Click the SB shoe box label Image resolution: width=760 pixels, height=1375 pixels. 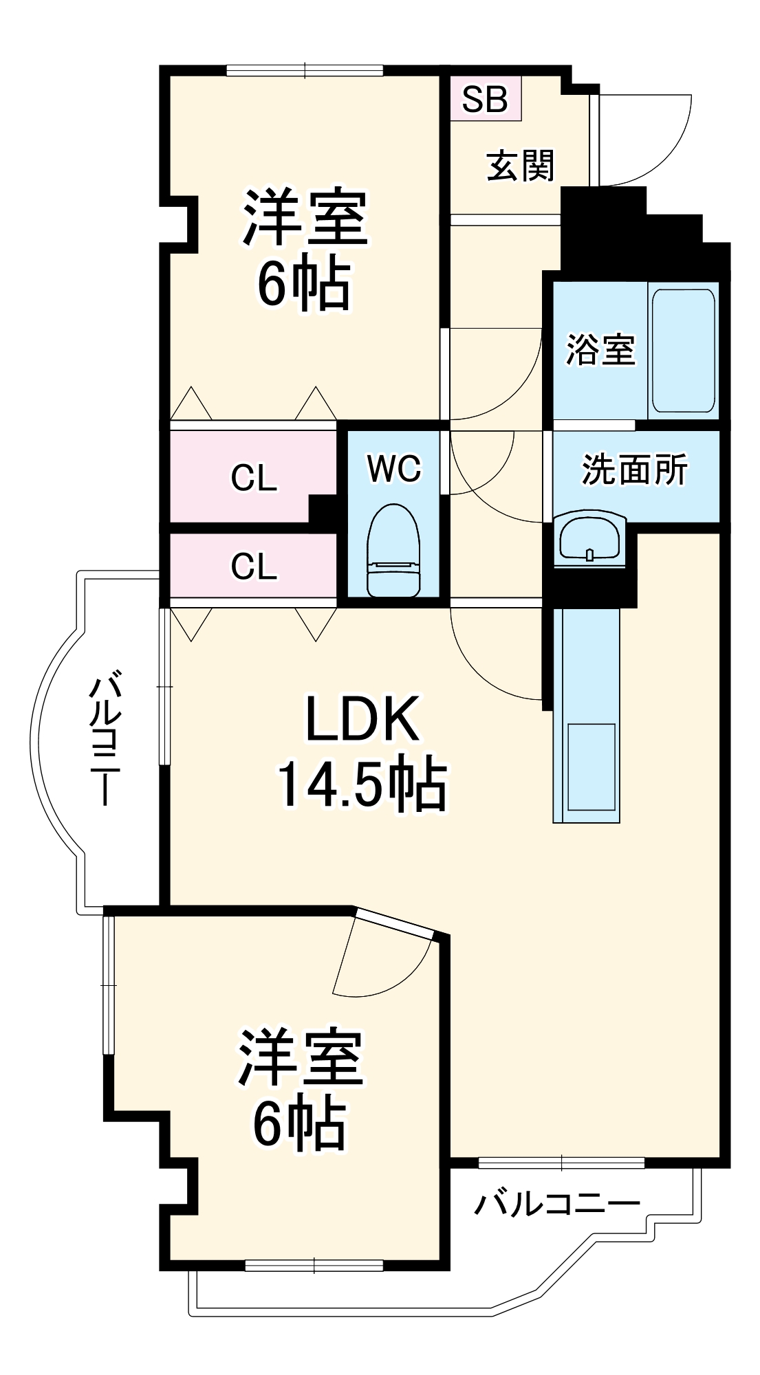tap(485, 99)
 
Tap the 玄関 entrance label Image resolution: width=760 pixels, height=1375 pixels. tap(520, 166)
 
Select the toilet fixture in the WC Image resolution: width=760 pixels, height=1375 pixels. tap(393, 550)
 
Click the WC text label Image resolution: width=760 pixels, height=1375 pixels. tap(393, 469)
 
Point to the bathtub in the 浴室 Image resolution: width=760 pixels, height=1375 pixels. tap(683, 351)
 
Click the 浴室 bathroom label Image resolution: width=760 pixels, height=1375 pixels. tap(600, 349)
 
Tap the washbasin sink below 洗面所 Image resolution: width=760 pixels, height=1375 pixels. tap(590, 538)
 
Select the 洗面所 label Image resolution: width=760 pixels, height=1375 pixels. tap(633, 470)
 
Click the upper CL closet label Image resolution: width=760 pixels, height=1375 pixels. tap(254, 478)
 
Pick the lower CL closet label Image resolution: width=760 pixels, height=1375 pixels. tap(254, 566)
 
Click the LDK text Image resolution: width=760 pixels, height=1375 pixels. tap(362, 719)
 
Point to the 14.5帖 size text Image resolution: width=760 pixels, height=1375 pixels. tap(362, 784)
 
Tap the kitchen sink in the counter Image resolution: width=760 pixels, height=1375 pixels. tap(591, 767)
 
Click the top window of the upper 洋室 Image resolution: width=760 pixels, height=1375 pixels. tap(305, 69)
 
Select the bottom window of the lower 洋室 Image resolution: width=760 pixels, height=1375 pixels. tap(314, 1265)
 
